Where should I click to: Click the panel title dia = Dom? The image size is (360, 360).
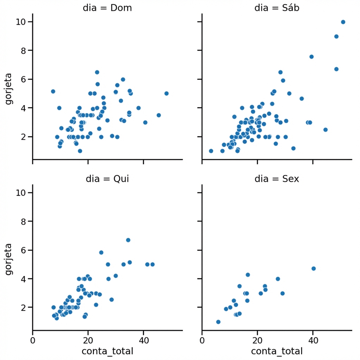click(107, 8)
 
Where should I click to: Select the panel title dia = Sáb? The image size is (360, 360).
click(277, 8)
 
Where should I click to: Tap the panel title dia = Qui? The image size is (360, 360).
click(107, 179)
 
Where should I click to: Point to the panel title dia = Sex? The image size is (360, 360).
click(277, 179)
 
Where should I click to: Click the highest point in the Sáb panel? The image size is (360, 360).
click(343, 22)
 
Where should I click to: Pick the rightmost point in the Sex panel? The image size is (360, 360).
click(314, 269)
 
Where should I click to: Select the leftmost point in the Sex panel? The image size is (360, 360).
click(218, 322)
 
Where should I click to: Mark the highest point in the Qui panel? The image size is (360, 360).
click(128, 240)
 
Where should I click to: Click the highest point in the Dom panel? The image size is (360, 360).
click(97, 72)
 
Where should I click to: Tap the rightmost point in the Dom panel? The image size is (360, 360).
click(166, 94)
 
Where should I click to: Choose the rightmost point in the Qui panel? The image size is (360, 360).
click(153, 264)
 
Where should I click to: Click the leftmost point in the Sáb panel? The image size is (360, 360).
click(211, 151)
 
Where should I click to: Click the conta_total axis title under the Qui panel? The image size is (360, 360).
click(107, 351)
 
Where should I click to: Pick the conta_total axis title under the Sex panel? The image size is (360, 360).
click(277, 351)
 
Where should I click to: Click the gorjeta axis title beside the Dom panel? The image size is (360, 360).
click(9, 89)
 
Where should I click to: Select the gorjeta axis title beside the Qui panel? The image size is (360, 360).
click(9, 259)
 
